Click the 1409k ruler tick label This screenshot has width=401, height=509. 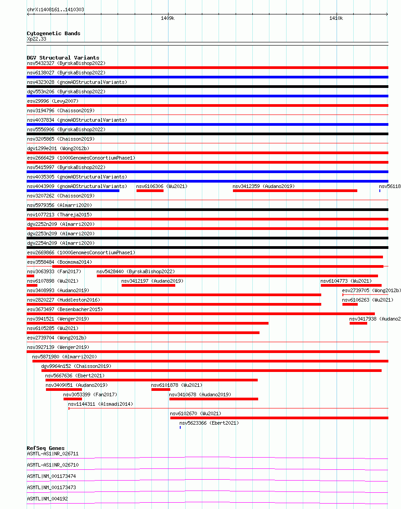[x=168, y=18]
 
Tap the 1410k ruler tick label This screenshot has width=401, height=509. [x=336, y=18]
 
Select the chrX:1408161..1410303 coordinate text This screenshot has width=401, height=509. [x=55, y=9]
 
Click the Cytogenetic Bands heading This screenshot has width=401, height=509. [x=53, y=33]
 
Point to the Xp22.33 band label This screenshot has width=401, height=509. [x=36, y=39]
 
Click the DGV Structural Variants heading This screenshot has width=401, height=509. [x=63, y=58]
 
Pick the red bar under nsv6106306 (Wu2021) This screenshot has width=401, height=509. [x=150, y=191]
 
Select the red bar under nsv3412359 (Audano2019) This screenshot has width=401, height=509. [x=295, y=191]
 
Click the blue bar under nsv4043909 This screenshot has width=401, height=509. [x=73, y=191]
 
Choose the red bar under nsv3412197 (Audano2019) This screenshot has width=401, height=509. [x=148, y=285]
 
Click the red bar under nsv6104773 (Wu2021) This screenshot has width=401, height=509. [x=351, y=285]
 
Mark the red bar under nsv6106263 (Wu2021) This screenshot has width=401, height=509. [x=350, y=304]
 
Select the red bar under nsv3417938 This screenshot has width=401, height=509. [x=358, y=323]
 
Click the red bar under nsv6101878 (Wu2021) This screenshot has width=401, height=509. [x=161, y=390]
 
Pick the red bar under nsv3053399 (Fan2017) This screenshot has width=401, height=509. [x=73, y=399]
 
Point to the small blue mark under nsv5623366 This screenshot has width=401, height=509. [x=180, y=427]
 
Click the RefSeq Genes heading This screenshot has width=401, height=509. [x=46, y=448]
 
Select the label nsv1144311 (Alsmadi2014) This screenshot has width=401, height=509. [x=100, y=404]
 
